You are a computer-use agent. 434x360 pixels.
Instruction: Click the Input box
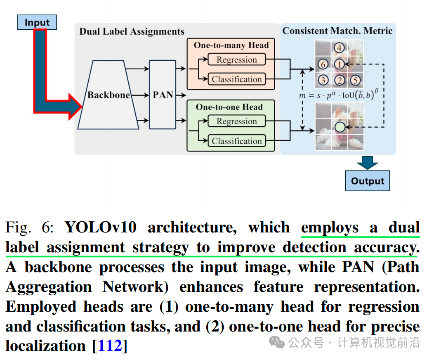37,22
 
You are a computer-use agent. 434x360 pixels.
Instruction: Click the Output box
367,181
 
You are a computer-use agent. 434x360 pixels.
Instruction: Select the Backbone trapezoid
108,95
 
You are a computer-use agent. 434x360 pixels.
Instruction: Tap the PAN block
163,95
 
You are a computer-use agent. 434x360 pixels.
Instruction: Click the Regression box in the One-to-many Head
236,60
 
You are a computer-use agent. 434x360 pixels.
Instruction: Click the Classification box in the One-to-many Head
236,79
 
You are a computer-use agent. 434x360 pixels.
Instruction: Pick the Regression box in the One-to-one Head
236,121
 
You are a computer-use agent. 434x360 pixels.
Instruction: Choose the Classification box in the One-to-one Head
236,141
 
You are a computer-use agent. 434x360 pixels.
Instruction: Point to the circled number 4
339,48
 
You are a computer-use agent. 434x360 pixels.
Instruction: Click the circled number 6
323,64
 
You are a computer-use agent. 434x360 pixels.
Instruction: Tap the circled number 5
355,80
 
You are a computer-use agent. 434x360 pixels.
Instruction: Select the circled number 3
323,80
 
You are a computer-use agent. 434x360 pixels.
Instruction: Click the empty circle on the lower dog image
339,127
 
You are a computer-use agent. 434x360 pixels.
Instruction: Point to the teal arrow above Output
367,163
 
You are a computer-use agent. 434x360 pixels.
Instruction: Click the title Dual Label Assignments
132,32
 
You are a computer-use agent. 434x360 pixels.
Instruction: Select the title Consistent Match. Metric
337,31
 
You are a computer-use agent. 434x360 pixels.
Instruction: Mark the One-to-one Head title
229,107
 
